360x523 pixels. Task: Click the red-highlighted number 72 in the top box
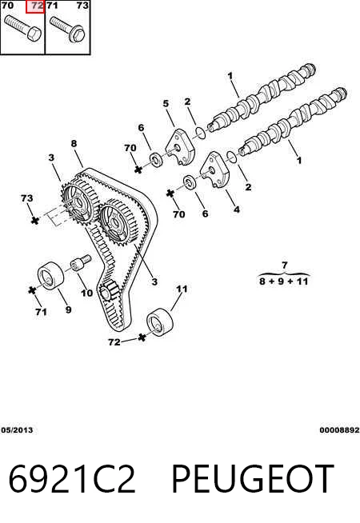click(x=38, y=6)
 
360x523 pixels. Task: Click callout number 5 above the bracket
click(x=166, y=104)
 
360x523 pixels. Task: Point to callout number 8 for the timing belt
click(x=74, y=143)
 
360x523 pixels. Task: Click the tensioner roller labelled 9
click(x=50, y=276)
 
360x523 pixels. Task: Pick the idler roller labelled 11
click(x=161, y=321)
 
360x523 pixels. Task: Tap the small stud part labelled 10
click(x=81, y=262)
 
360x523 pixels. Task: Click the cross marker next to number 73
click(x=35, y=220)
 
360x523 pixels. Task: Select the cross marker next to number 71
click(x=32, y=290)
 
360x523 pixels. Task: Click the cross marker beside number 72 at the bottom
click(x=142, y=337)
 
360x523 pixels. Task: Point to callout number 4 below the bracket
click(x=237, y=210)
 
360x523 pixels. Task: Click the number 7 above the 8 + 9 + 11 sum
click(x=284, y=265)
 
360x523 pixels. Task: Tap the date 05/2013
click(x=17, y=430)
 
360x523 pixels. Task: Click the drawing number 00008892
click(x=340, y=430)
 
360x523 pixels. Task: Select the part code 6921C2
click(x=72, y=479)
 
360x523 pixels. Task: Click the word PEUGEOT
click(x=253, y=479)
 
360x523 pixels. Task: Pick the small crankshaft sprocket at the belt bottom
click(x=109, y=291)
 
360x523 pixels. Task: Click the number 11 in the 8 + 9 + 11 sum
click(x=302, y=281)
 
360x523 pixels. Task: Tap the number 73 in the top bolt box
click(x=82, y=6)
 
